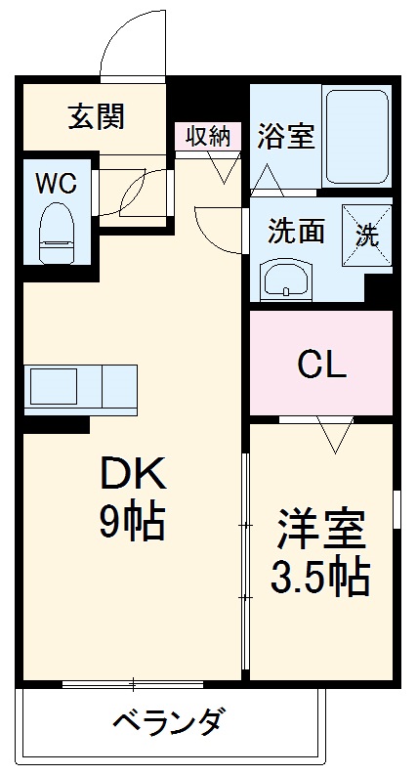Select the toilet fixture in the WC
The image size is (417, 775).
coord(57,232)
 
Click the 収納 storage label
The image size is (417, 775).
coord(208,136)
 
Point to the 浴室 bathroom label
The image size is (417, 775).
coord(285,136)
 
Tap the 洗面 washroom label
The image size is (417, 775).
coord(296,232)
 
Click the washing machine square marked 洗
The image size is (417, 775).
coord(365,235)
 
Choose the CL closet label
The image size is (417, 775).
coord(321,366)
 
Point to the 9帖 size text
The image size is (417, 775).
coord(132,523)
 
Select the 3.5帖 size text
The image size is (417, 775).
coord(319,580)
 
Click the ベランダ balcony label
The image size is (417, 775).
coord(170,724)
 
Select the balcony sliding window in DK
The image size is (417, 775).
coord(134,683)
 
